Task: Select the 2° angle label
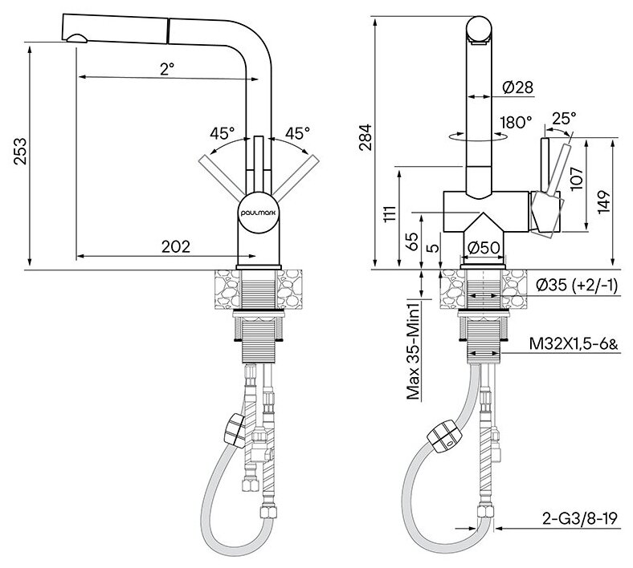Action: [x=167, y=69]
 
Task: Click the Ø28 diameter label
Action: [x=520, y=87]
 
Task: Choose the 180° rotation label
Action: [x=514, y=123]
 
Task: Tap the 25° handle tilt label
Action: [x=564, y=119]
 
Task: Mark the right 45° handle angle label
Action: [x=296, y=132]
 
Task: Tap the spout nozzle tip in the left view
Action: [x=76, y=36]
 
